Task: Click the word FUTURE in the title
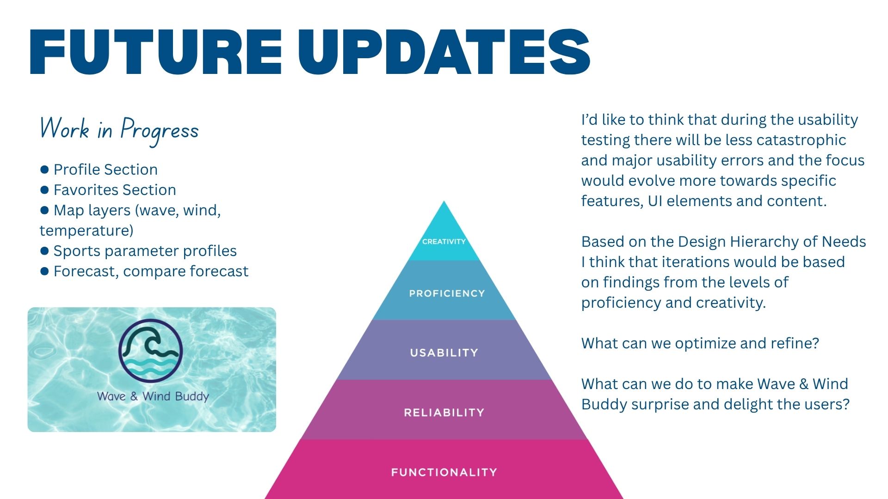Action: (155, 52)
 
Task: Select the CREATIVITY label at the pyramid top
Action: (444, 242)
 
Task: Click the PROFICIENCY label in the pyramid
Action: (447, 293)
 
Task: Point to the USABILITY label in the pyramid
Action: (444, 353)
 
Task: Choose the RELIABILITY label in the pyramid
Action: (444, 413)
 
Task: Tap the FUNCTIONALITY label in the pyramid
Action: (444, 472)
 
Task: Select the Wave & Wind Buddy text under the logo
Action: (153, 396)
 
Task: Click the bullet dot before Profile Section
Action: (44, 170)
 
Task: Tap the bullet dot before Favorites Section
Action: (44, 190)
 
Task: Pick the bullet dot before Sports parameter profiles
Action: (44, 251)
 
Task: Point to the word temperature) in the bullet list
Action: (86, 231)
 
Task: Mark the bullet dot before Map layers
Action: (44, 210)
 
